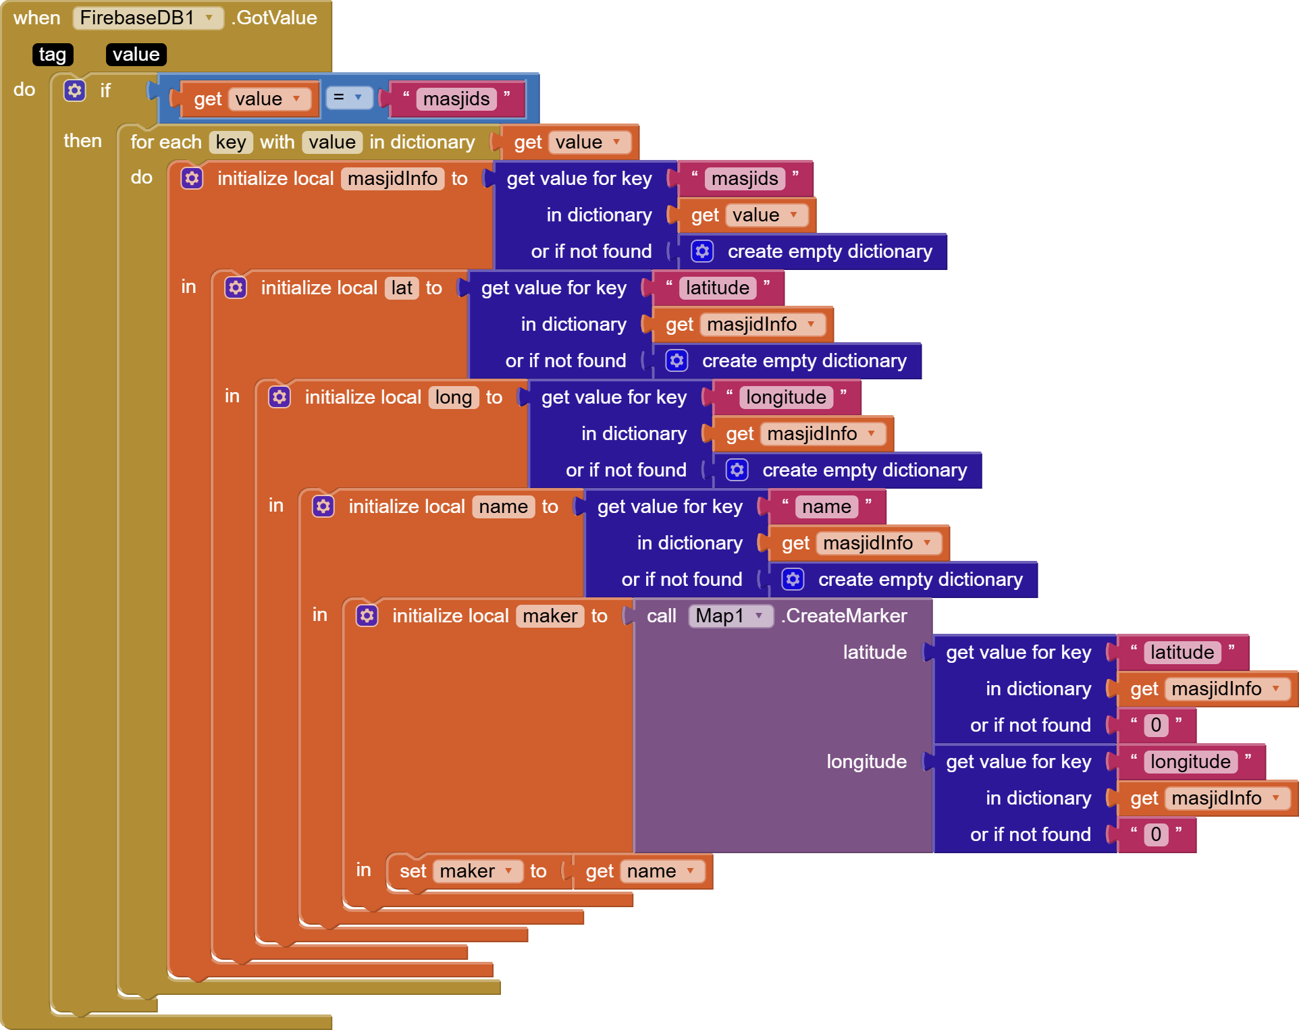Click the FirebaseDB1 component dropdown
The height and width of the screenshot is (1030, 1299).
tap(148, 18)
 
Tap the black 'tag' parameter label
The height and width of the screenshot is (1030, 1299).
tap(53, 54)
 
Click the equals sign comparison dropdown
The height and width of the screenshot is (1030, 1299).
tap(348, 98)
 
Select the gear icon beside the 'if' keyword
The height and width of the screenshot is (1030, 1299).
tap(75, 90)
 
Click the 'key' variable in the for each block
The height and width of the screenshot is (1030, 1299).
tap(231, 142)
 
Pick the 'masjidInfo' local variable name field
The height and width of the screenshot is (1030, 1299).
tap(392, 178)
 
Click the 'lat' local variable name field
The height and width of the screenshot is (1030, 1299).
tap(402, 288)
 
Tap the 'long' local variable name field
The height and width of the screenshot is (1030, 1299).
tap(453, 397)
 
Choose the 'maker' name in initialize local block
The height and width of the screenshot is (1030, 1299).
tap(550, 616)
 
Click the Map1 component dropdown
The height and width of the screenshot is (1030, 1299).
tap(730, 616)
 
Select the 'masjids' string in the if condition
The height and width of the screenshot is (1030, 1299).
tap(456, 99)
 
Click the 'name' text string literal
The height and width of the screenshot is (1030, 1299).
tap(826, 506)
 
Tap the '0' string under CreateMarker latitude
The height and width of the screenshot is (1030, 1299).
tap(1156, 725)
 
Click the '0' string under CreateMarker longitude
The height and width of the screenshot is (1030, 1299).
tap(1156, 834)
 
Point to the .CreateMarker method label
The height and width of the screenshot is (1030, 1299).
tap(844, 616)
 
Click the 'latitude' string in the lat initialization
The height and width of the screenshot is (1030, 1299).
tap(717, 288)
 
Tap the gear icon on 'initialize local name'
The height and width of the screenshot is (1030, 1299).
tap(323, 506)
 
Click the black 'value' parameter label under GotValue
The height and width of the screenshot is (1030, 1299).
tap(136, 54)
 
